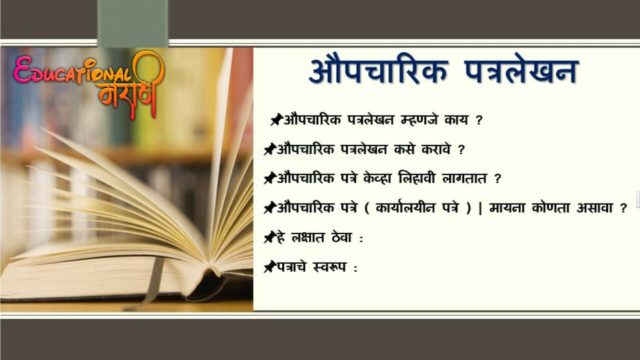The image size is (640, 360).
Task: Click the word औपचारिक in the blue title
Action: pos(378,70)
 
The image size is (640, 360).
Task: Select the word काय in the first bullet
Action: pos(456,120)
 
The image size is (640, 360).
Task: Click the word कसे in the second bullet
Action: pos(404,149)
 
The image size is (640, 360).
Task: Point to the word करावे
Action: pos(436,149)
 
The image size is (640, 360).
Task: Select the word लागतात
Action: pos(464,178)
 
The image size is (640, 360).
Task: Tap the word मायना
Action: pos(507,208)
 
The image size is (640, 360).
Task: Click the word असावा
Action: pos(594,208)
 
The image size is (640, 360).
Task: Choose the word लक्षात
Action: pos(308,238)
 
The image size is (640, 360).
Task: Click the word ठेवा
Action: pos(342,237)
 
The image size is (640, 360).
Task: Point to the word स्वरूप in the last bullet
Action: pos(330,267)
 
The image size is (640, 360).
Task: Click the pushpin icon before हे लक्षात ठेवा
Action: pos(270,237)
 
